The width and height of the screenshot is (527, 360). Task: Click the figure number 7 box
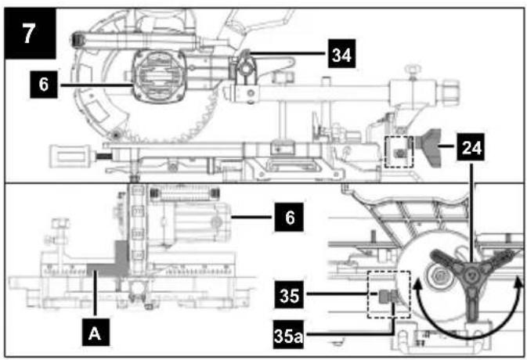[x=30, y=33]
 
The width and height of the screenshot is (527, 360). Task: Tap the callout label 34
[x=342, y=54]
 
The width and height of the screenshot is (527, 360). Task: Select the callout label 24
[x=471, y=147]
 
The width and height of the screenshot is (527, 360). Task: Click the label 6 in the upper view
[x=44, y=85]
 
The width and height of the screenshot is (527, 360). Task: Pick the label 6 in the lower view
[x=289, y=217]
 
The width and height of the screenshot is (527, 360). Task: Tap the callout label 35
[x=289, y=294]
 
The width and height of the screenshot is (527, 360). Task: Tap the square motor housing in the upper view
[x=158, y=77]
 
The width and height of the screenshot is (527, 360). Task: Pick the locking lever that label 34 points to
[x=247, y=68]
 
